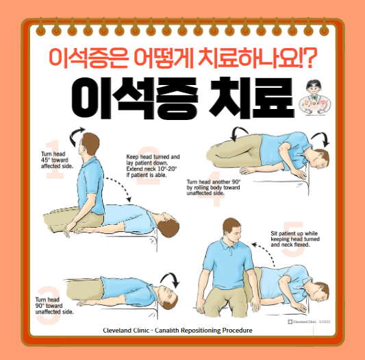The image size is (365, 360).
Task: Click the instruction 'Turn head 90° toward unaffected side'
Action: tap(55, 305)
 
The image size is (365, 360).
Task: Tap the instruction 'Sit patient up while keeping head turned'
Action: tap(297, 239)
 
